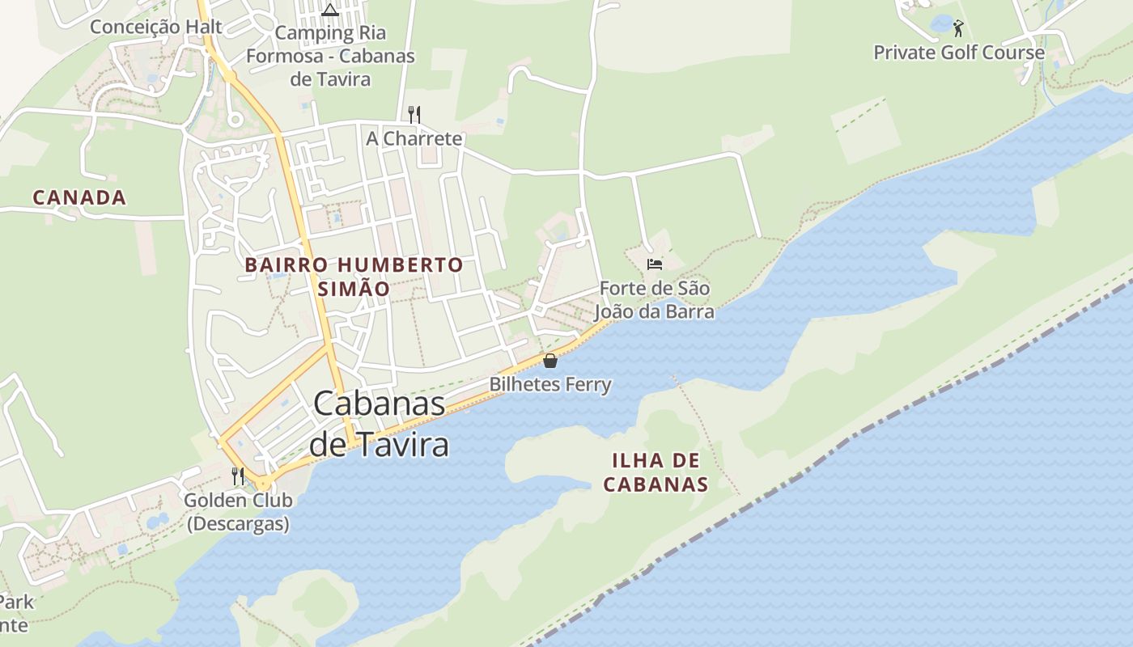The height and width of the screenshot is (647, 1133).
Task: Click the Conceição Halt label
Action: pyautogui.click(x=155, y=27)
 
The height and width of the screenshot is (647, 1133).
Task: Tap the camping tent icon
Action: pyautogui.click(x=329, y=10)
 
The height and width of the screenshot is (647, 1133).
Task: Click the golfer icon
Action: pyautogui.click(x=959, y=28)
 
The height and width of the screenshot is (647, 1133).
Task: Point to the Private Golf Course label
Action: pyautogui.click(x=959, y=53)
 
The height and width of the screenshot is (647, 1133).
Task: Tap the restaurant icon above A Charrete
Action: pyautogui.click(x=414, y=114)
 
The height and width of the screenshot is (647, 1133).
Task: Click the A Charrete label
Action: pyautogui.click(x=414, y=138)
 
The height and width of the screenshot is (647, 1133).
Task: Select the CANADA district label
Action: pyautogui.click(x=79, y=197)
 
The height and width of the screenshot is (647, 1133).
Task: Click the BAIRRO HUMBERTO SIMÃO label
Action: pyautogui.click(x=354, y=277)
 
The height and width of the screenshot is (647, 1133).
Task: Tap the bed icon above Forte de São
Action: pyautogui.click(x=655, y=264)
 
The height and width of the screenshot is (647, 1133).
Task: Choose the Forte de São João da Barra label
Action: pyautogui.click(x=655, y=300)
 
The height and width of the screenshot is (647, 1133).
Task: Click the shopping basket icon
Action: pyautogui.click(x=550, y=361)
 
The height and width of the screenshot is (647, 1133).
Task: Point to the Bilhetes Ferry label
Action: pyautogui.click(x=550, y=384)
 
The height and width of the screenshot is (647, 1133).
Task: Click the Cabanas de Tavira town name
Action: pyautogui.click(x=379, y=424)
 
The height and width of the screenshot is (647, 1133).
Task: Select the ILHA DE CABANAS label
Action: pyautogui.click(x=656, y=472)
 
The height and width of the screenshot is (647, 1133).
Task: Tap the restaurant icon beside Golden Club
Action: pyautogui.click(x=238, y=476)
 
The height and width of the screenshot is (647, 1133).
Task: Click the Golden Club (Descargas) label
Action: pyautogui.click(x=238, y=512)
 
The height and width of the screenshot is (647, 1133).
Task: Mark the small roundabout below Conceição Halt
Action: pyautogui.click(x=235, y=120)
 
